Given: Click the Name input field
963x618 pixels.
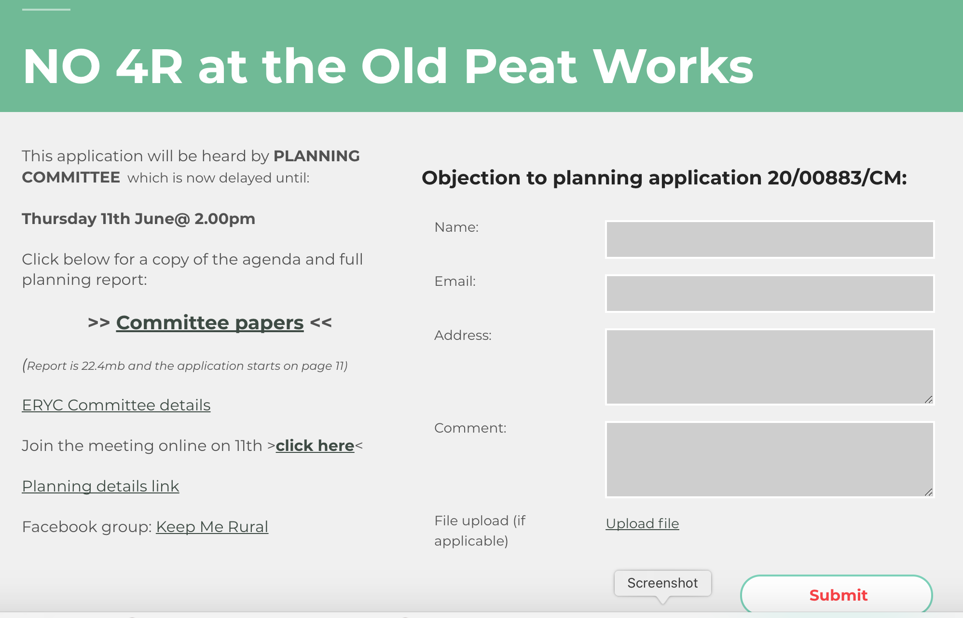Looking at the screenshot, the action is pyautogui.click(x=770, y=239).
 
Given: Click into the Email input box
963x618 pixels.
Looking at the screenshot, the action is pyautogui.click(x=770, y=294).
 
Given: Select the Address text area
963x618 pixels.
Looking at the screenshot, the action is pyautogui.click(x=770, y=367).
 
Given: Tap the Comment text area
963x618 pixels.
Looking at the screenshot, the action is pyautogui.click(x=770, y=460).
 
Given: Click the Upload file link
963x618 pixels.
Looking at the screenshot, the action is pyautogui.click(x=642, y=523).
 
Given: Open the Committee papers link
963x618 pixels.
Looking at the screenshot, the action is pyautogui.click(x=210, y=323).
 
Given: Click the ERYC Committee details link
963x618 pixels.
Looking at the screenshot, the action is pyautogui.click(x=116, y=405).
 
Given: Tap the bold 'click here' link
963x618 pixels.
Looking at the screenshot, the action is pyautogui.click(x=315, y=446).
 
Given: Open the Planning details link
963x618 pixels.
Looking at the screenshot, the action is pyautogui.click(x=100, y=486).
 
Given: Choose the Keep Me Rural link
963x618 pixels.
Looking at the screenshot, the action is pyautogui.click(x=212, y=527).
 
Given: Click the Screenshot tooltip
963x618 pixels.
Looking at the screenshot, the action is pyautogui.click(x=662, y=583).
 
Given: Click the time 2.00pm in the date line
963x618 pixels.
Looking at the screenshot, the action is pyautogui.click(x=225, y=219).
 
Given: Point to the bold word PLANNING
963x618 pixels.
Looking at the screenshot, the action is pyautogui.click(x=316, y=156).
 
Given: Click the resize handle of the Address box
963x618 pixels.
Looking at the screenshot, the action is pyautogui.click(x=928, y=399).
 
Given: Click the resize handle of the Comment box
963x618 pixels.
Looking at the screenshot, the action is pyautogui.click(x=928, y=492).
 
